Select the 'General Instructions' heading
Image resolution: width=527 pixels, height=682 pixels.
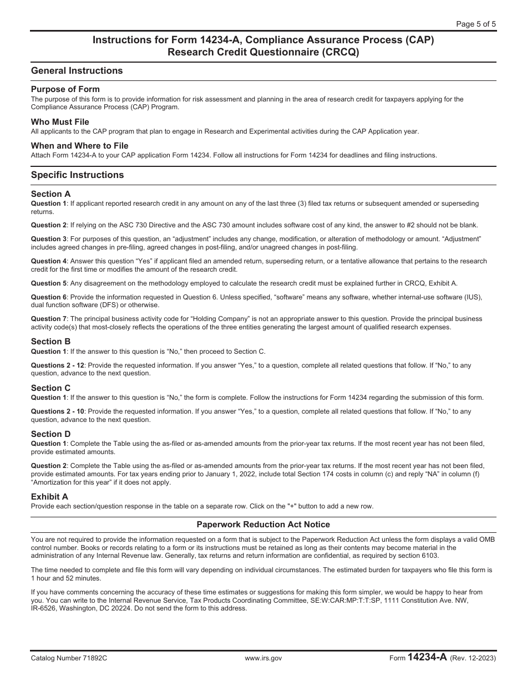77,71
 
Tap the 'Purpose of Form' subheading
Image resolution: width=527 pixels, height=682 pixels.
65,89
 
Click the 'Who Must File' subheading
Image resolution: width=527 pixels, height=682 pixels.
60,122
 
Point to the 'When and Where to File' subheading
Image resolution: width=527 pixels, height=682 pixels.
79,146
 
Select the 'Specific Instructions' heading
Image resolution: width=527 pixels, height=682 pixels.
77,175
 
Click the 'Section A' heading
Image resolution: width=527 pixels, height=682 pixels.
51,194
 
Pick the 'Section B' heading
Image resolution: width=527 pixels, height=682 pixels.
51,342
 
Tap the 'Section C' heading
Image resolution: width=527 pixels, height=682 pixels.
51,388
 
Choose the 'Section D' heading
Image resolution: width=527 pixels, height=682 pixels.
51,434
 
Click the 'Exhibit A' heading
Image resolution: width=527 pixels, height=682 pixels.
49,497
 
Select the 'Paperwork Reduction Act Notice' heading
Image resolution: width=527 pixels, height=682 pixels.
263,525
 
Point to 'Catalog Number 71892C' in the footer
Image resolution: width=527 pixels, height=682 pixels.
69,658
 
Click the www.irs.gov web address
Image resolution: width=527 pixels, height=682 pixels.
263,658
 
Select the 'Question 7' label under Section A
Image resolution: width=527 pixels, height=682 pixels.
49,319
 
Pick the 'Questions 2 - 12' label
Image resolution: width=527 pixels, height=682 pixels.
58,365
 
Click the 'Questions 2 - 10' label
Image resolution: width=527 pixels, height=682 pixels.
58,411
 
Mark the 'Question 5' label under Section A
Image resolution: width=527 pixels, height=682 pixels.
49,283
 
